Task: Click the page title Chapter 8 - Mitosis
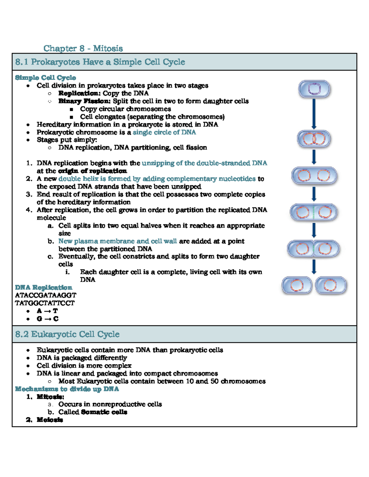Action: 83,48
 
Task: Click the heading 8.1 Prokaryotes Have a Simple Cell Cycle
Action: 100,62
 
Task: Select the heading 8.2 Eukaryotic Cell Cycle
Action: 67,334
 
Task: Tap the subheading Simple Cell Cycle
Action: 46,77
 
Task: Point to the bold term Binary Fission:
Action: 85,101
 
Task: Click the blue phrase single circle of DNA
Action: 164,132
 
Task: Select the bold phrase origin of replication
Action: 93,171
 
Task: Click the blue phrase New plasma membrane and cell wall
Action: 117,241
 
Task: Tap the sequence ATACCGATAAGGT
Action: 46,295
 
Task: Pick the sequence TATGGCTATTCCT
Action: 45,303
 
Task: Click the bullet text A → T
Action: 47,311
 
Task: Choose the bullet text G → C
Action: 47,319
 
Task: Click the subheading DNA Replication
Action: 44,287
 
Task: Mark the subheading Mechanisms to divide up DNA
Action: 67,389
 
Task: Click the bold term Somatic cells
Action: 104,412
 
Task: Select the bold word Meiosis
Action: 50,420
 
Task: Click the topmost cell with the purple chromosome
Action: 314,89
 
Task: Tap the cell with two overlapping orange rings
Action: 314,139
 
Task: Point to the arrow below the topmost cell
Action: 314,114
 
